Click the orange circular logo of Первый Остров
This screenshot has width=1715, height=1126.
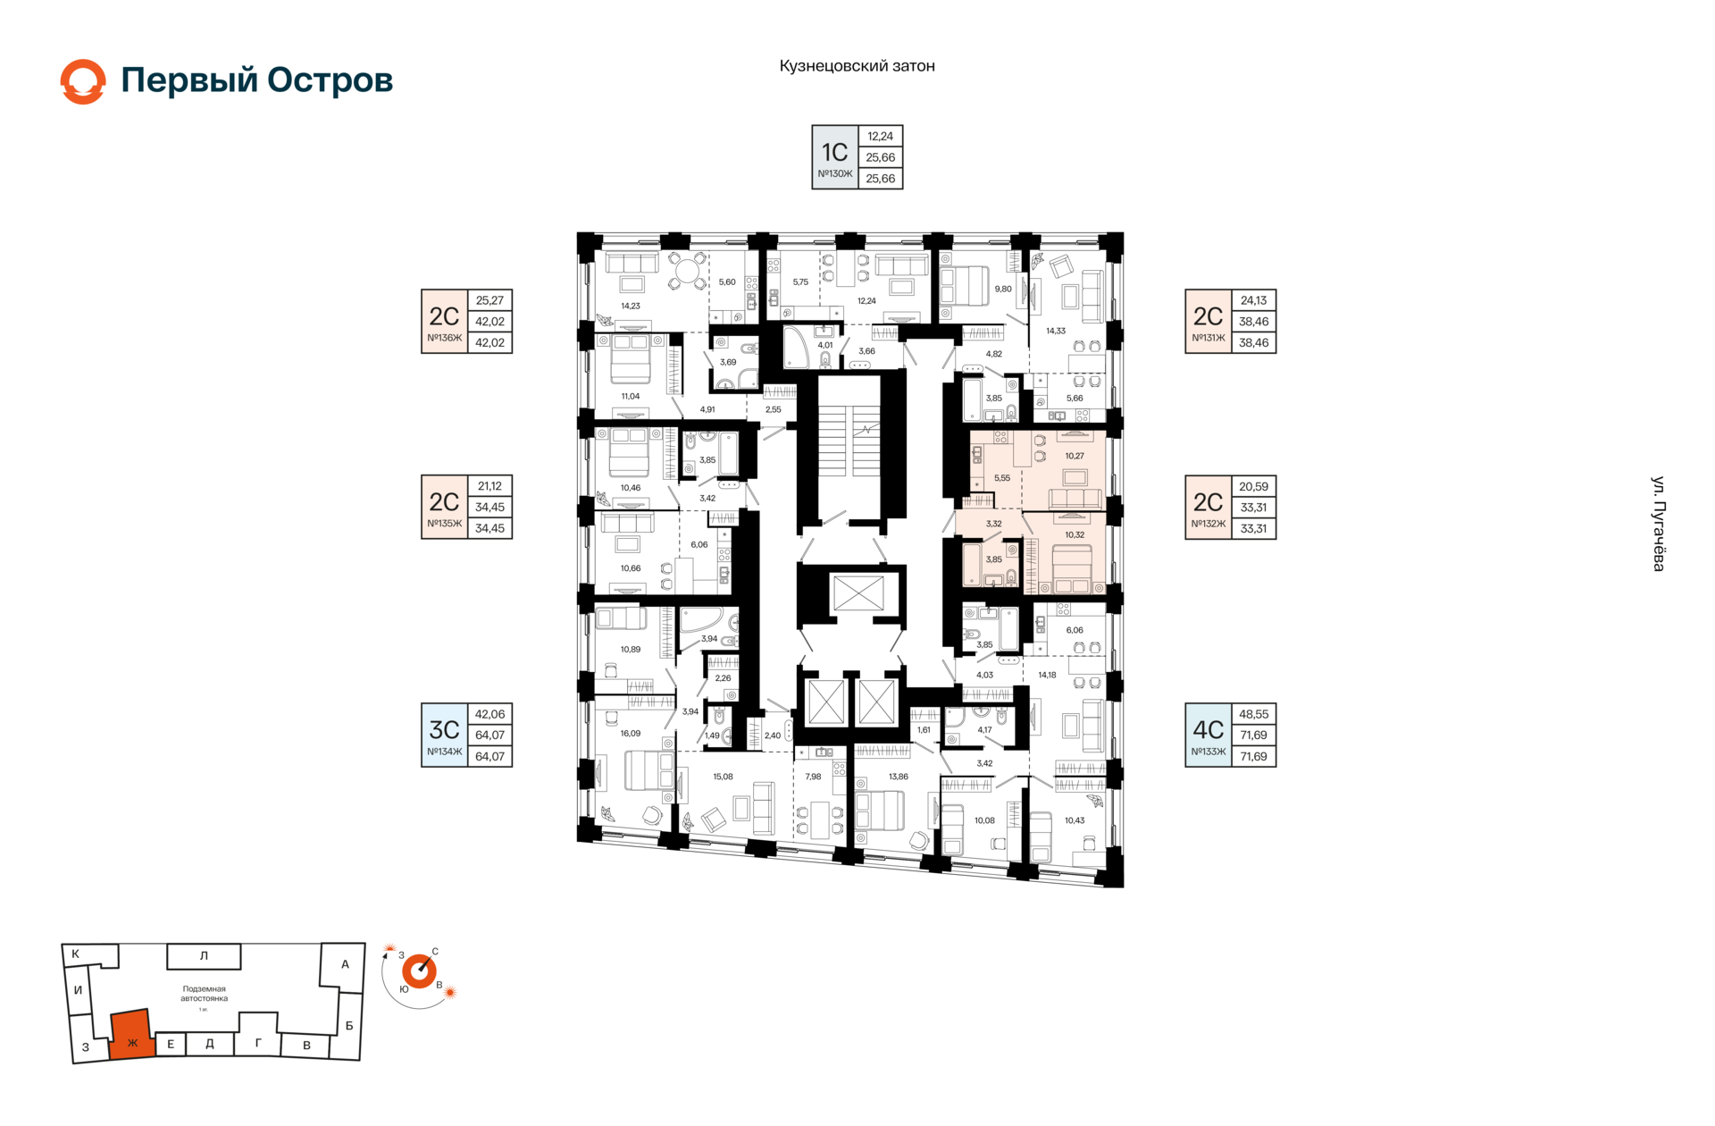pyautogui.click(x=83, y=81)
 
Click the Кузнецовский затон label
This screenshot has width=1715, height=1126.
pyautogui.click(x=857, y=66)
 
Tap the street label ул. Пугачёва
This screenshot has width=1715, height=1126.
pyautogui.click(x=1658, y=524)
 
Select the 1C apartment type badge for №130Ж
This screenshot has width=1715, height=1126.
pyautogui.click(x=835, y=157)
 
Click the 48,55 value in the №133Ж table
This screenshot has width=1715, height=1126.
pyautogui.click(x=1253, y=714)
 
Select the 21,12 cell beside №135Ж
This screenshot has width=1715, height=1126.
pyautogui.click(x=489, y=486)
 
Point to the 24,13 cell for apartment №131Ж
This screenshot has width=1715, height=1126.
pyautogui.click(x=1253, y=300)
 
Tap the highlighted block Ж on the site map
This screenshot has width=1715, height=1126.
pyautogui.click(x=131, y=1037)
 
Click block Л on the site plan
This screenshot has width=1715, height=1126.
pyautogui.click(x=204, y=955)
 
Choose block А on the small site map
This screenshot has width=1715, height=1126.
pyautogui.click(x=345, y=964)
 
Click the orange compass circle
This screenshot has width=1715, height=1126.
pyautogui.click(x=418, y=971)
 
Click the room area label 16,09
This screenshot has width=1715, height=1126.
pyautogui.click(x=630, y=734)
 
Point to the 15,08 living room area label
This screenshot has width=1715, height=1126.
pyautogui.click(x=723, y=777)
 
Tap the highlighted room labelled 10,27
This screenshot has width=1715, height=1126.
pyautogui.click(x=1074, y=456)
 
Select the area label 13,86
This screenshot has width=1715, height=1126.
pyautogui.click(x=898, y=777)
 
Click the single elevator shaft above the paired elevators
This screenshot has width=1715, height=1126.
pyautogui.click(x=857, y=593)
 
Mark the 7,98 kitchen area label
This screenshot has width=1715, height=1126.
pyautogui.click(x=813, y=777)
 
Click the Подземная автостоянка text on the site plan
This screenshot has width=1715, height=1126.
pyautogui.click(x=204, y=994)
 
